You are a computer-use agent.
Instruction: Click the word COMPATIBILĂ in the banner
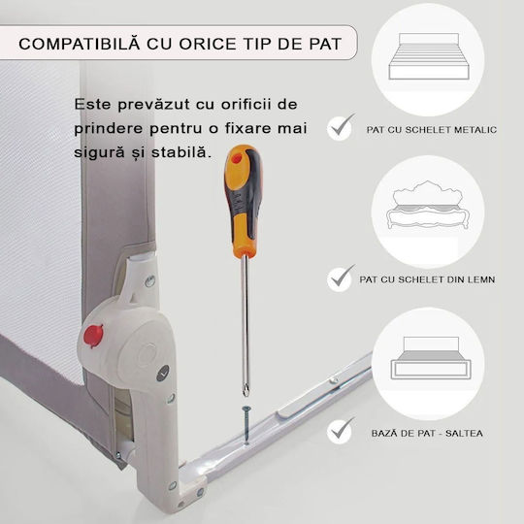(x=80, y=44)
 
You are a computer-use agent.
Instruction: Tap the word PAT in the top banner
(x=325, y=45)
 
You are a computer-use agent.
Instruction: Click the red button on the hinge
(x=93, y=336)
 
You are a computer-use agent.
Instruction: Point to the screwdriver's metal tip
(x=246, y=390)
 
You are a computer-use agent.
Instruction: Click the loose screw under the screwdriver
(x=246, y=425)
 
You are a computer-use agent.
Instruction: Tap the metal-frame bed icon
(x=429, y=56)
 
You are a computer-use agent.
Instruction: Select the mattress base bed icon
(x=431, y=358)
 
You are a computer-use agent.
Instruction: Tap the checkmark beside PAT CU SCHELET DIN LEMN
(x=341, y=278)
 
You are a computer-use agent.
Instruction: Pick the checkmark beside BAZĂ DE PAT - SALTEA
(x=341, y=431)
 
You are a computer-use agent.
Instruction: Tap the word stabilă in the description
(x=181, y=152)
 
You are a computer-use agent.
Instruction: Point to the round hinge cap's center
(x=146, y=353)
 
